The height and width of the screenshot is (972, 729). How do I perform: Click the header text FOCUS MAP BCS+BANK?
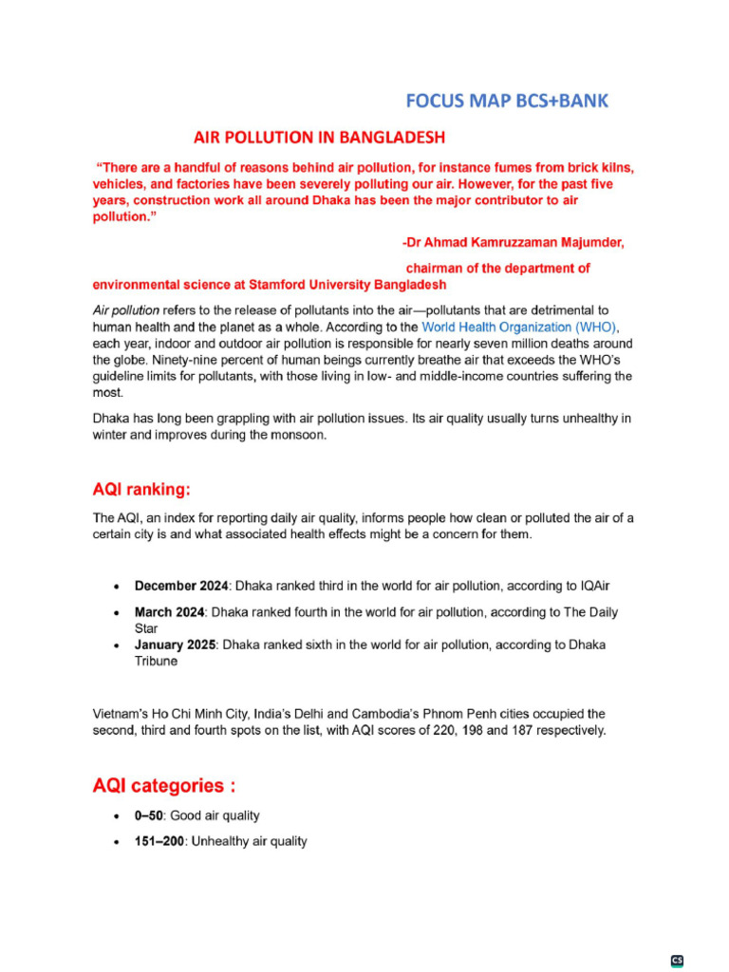(x=507, y=102)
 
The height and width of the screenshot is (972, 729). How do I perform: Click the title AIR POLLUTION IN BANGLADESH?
(x=307, y=137)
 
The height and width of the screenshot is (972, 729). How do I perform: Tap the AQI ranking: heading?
(x=141, y=490)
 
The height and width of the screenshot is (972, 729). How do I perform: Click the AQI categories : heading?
(x=163, y=786)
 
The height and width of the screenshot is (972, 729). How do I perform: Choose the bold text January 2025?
(x=176, y=645)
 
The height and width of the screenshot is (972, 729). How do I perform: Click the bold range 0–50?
(x=149, y=815)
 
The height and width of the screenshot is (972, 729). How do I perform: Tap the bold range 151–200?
(x=159, y=841)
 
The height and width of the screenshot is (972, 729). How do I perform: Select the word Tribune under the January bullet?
(x=156, y=661)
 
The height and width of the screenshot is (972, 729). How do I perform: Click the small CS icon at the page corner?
(x=678, y=960)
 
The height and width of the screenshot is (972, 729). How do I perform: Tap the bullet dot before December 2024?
(x=116, y=588)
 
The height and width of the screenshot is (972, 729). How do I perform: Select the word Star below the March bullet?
(x=147, y=628)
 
